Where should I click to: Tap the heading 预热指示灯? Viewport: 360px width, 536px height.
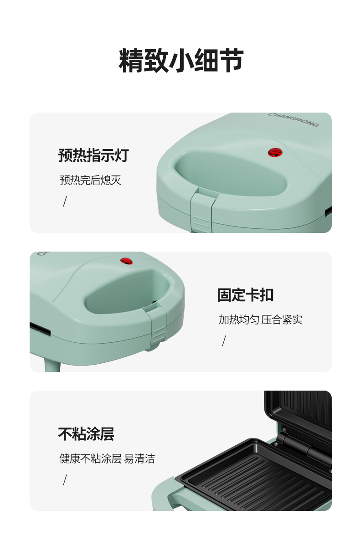tap(93, 155)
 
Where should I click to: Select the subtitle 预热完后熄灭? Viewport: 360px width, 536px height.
tap(90, 180)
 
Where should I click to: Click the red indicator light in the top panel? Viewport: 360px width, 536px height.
tap(275, 152)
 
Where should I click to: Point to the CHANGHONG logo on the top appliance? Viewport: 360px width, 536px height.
tap(293, 119)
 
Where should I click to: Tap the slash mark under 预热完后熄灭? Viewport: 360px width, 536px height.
tap(65, 201)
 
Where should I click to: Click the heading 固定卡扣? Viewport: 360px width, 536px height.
tap(246, 294)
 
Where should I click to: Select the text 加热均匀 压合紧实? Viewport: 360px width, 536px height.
tap(261, 320)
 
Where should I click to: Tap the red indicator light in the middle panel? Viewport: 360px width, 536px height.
tap(127, 261)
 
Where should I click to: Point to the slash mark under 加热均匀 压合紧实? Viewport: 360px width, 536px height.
tap(224, 341)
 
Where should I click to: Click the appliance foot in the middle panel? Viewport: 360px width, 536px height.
tap(52, 365)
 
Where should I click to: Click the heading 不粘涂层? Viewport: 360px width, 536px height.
tap(86, 434)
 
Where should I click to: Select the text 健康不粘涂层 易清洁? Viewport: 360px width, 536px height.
tap(107, 459)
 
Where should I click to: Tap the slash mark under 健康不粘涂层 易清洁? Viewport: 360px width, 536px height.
tap(65, 480)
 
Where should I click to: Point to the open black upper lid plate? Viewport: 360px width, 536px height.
tap(298, 417)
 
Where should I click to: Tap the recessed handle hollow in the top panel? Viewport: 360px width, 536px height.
tap(230, 174)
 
